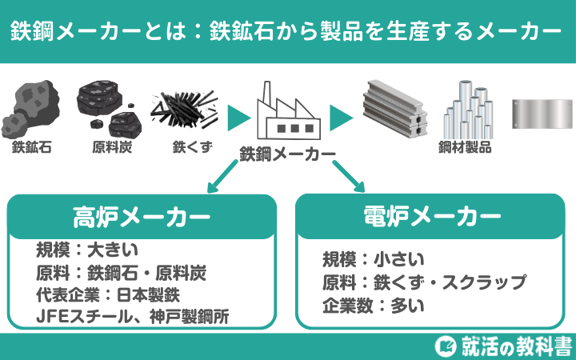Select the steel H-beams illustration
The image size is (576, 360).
pos(391,110)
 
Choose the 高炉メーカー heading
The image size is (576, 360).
pos(142,216)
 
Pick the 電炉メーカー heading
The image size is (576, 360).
pos(432,216)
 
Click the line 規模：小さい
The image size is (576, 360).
pos(373,259)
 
